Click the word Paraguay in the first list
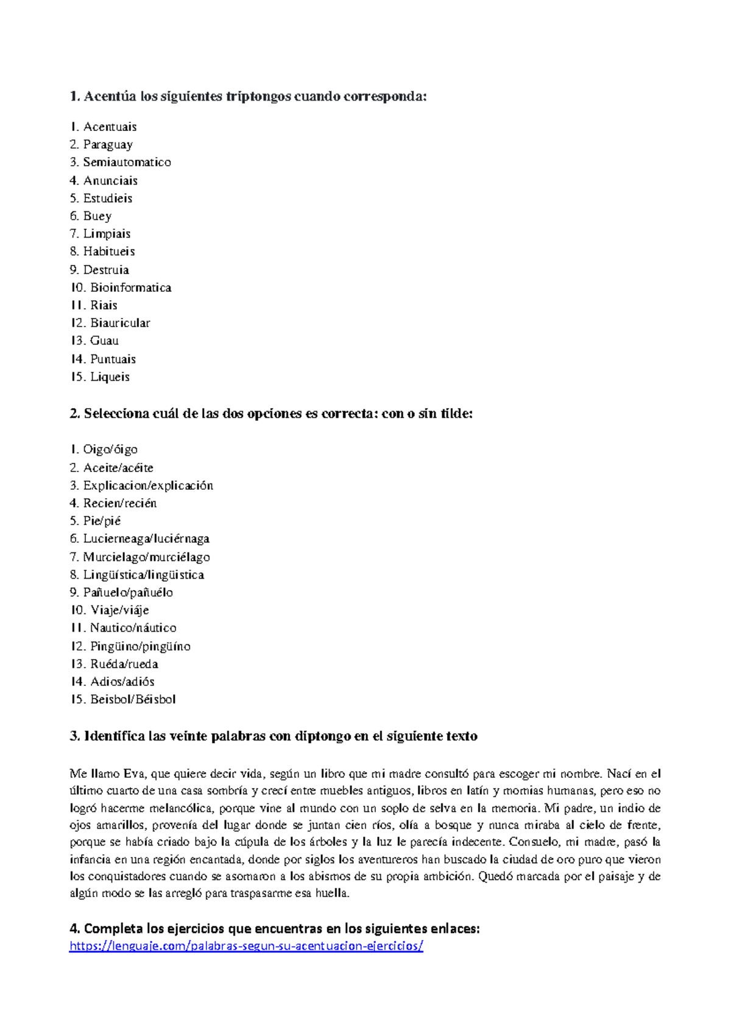click(108, 144)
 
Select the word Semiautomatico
click(127, 162)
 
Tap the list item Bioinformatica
click(130, 287)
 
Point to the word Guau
click(104, 340)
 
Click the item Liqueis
click(110, 376)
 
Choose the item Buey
click(97, 216)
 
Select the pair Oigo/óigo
click(110, 450)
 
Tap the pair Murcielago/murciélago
click(146, 557)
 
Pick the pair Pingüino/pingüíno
click(140, 646)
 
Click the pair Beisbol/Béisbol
click(133, 699)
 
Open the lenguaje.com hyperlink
click(246, 946)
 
